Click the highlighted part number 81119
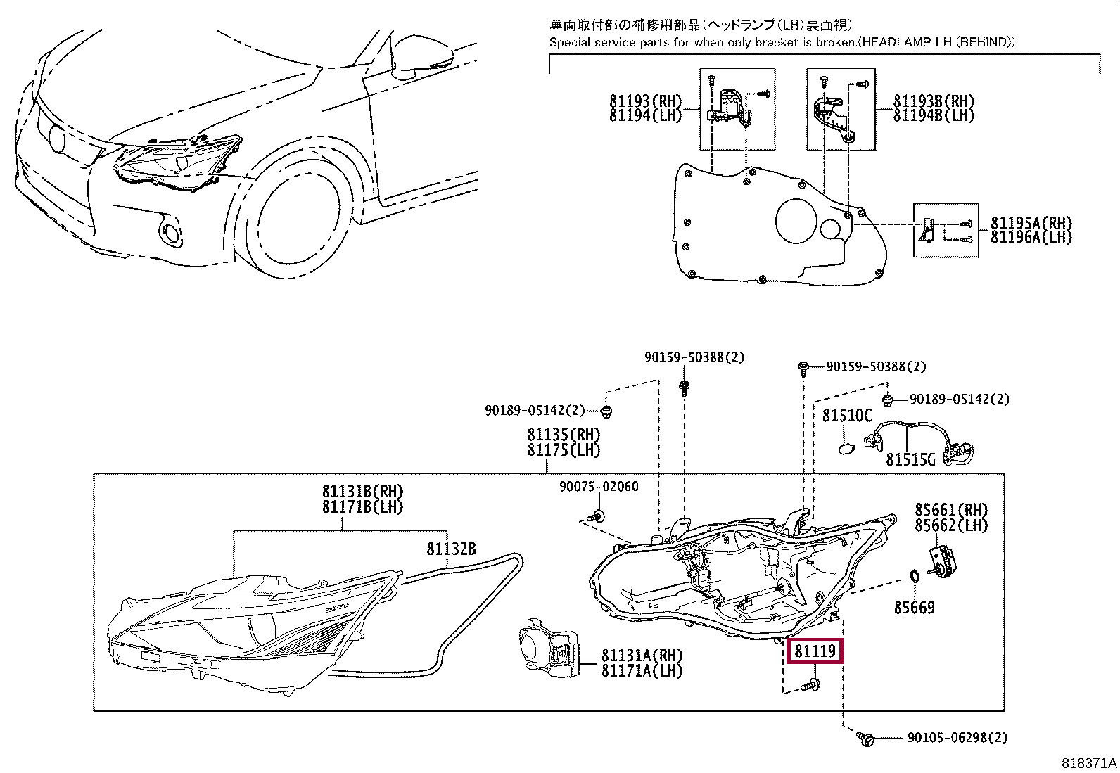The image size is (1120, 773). point(815,651)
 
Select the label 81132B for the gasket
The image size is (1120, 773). point(451,549)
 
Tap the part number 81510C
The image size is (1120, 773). point(847,415)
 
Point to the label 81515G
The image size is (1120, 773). point(910,459)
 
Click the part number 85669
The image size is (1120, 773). point(914,607)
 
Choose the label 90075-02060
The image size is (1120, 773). point(599,486)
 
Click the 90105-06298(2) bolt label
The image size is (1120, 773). point(957,737)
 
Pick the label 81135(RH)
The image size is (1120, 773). point(564,434)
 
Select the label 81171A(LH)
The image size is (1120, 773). point(642,670)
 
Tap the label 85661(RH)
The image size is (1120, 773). point(951,509)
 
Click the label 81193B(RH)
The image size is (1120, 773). point(934,101)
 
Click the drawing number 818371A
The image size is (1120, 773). point(1089,763)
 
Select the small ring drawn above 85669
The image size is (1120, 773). point(913,576)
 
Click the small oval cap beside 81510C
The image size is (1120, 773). point(846,449)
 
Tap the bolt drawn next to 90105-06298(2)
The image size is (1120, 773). point(865,738)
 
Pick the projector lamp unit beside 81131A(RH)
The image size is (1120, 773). point(549,648)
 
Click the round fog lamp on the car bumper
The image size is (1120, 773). point(172,234)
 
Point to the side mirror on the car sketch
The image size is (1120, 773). point(423,60)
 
